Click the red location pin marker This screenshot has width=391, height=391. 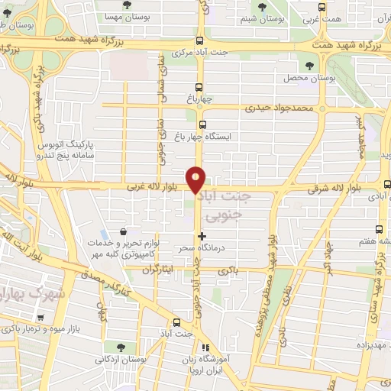click(x=196, y=179)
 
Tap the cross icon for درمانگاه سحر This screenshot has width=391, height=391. click(x=202, y=237)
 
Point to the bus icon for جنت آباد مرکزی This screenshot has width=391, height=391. click(x=200, y=41)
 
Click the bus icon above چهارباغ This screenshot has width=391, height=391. click(x=200, y=87)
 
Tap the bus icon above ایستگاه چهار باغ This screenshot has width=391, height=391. click(x=202, y=124)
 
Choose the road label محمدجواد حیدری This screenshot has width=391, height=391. click(x=280, y=108)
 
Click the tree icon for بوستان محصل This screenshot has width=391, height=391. click(x=309, y=66)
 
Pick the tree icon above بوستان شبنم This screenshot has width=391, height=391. click(x=263, y=7)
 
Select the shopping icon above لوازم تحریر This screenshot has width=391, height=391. click(x=123, y=232)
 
